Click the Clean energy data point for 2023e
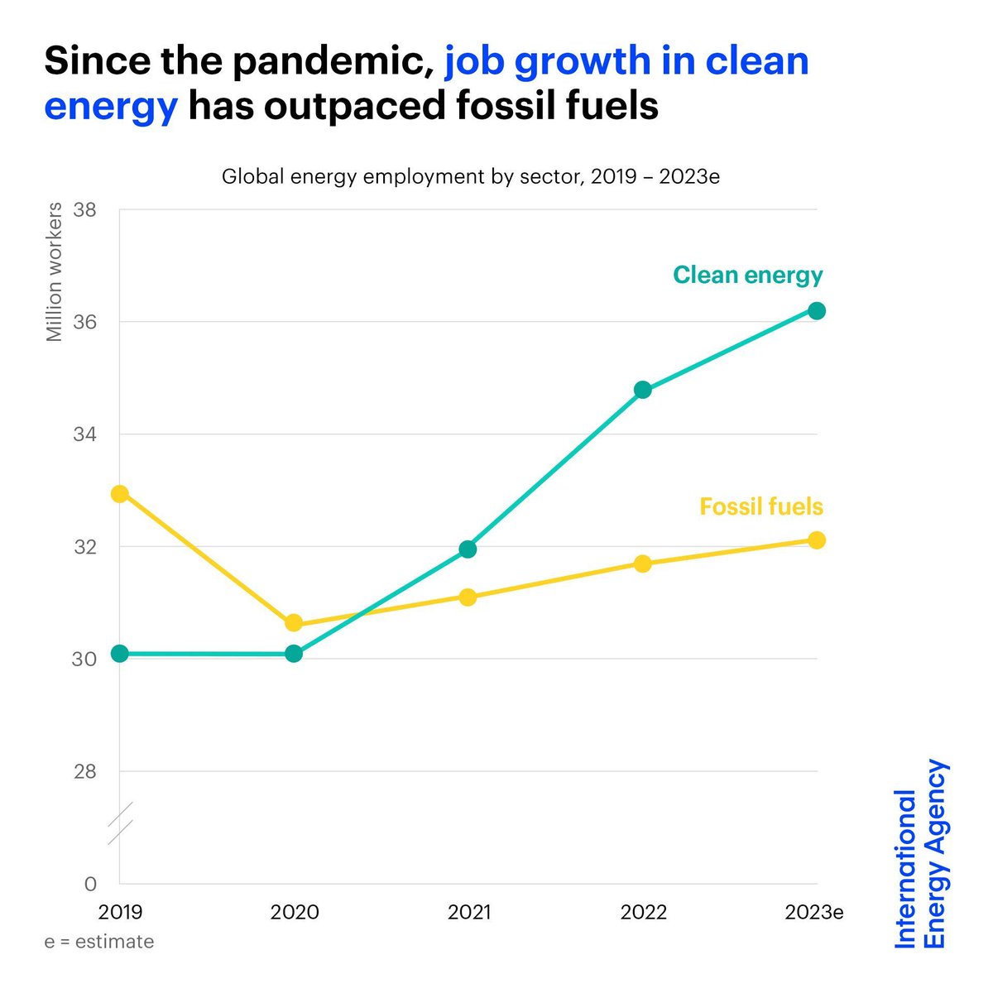coord(817,310)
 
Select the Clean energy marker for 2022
coord(643,390)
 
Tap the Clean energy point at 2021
coord(468,549)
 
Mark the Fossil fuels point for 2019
coord(120,493)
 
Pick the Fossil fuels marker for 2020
coord(294,623)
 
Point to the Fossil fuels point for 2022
coord(643,564)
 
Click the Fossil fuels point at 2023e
coord(817,540)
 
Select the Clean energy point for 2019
coord(120,654)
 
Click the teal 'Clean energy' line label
coord(747,275)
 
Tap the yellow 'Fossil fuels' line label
coord(760,506)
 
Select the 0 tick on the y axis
coord(91,884)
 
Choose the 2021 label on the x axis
coord(469,912)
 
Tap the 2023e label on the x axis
coord(814,912)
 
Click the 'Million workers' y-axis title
coord(54,271)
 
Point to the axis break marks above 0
coord(120,823)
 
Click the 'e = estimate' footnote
coord(99,942)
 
